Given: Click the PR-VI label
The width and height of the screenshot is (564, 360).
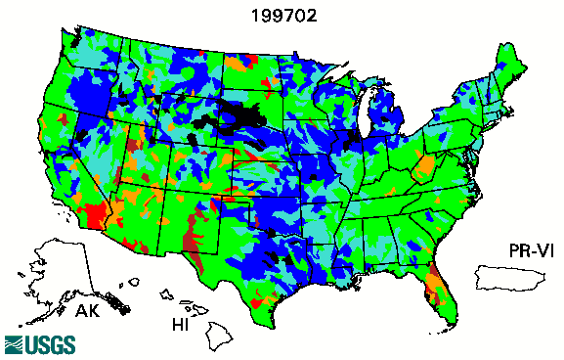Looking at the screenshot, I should pos(524,251).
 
